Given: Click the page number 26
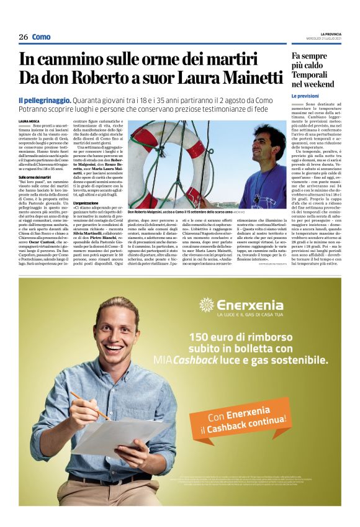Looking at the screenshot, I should pyautogui.click(x=23, y=37).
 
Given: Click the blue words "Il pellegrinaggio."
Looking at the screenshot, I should pyautogui.click(x=44, y=100).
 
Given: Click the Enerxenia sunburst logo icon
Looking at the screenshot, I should pyautogui.click(x=206, y=304).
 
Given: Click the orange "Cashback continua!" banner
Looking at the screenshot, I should pyautogui.click(x=248, y=421).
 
